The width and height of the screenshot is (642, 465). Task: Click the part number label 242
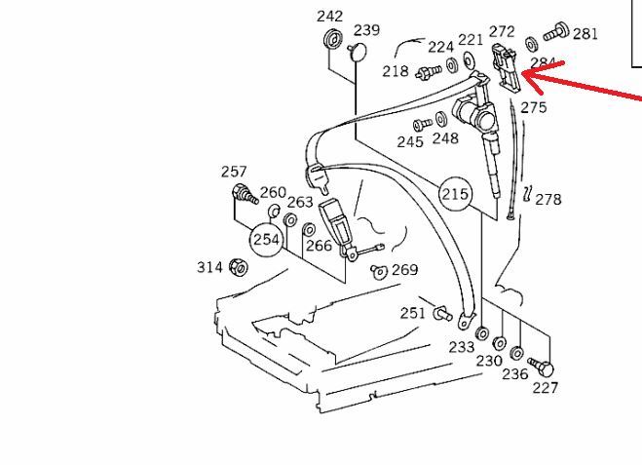click(x=330, y=16)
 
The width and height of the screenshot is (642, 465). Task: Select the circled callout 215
click(x=456, y=193)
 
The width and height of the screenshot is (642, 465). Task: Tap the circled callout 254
click(x=267, y=239)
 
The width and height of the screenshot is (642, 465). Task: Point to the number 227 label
click(x=545, y=388)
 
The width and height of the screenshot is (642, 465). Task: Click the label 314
click(x=209, y=267)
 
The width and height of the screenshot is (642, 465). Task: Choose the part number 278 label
click(x=548, y=199)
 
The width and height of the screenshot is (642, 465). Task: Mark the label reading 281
click(x=585, y=34)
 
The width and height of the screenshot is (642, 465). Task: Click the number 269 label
click(x=404, y=269)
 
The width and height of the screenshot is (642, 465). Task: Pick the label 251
click(x=413, y=312)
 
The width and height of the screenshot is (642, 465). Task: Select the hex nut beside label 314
click(x=237, y=267)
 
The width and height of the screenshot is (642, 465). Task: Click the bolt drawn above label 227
click(x=540, y=368)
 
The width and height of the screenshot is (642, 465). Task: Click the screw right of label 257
click(x=243, y=195)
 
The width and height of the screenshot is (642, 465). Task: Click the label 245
click(x=409, y=142)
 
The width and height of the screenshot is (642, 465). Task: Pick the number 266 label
click(x=319, y=246)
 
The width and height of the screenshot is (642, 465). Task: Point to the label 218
click(x=396, y=71)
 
